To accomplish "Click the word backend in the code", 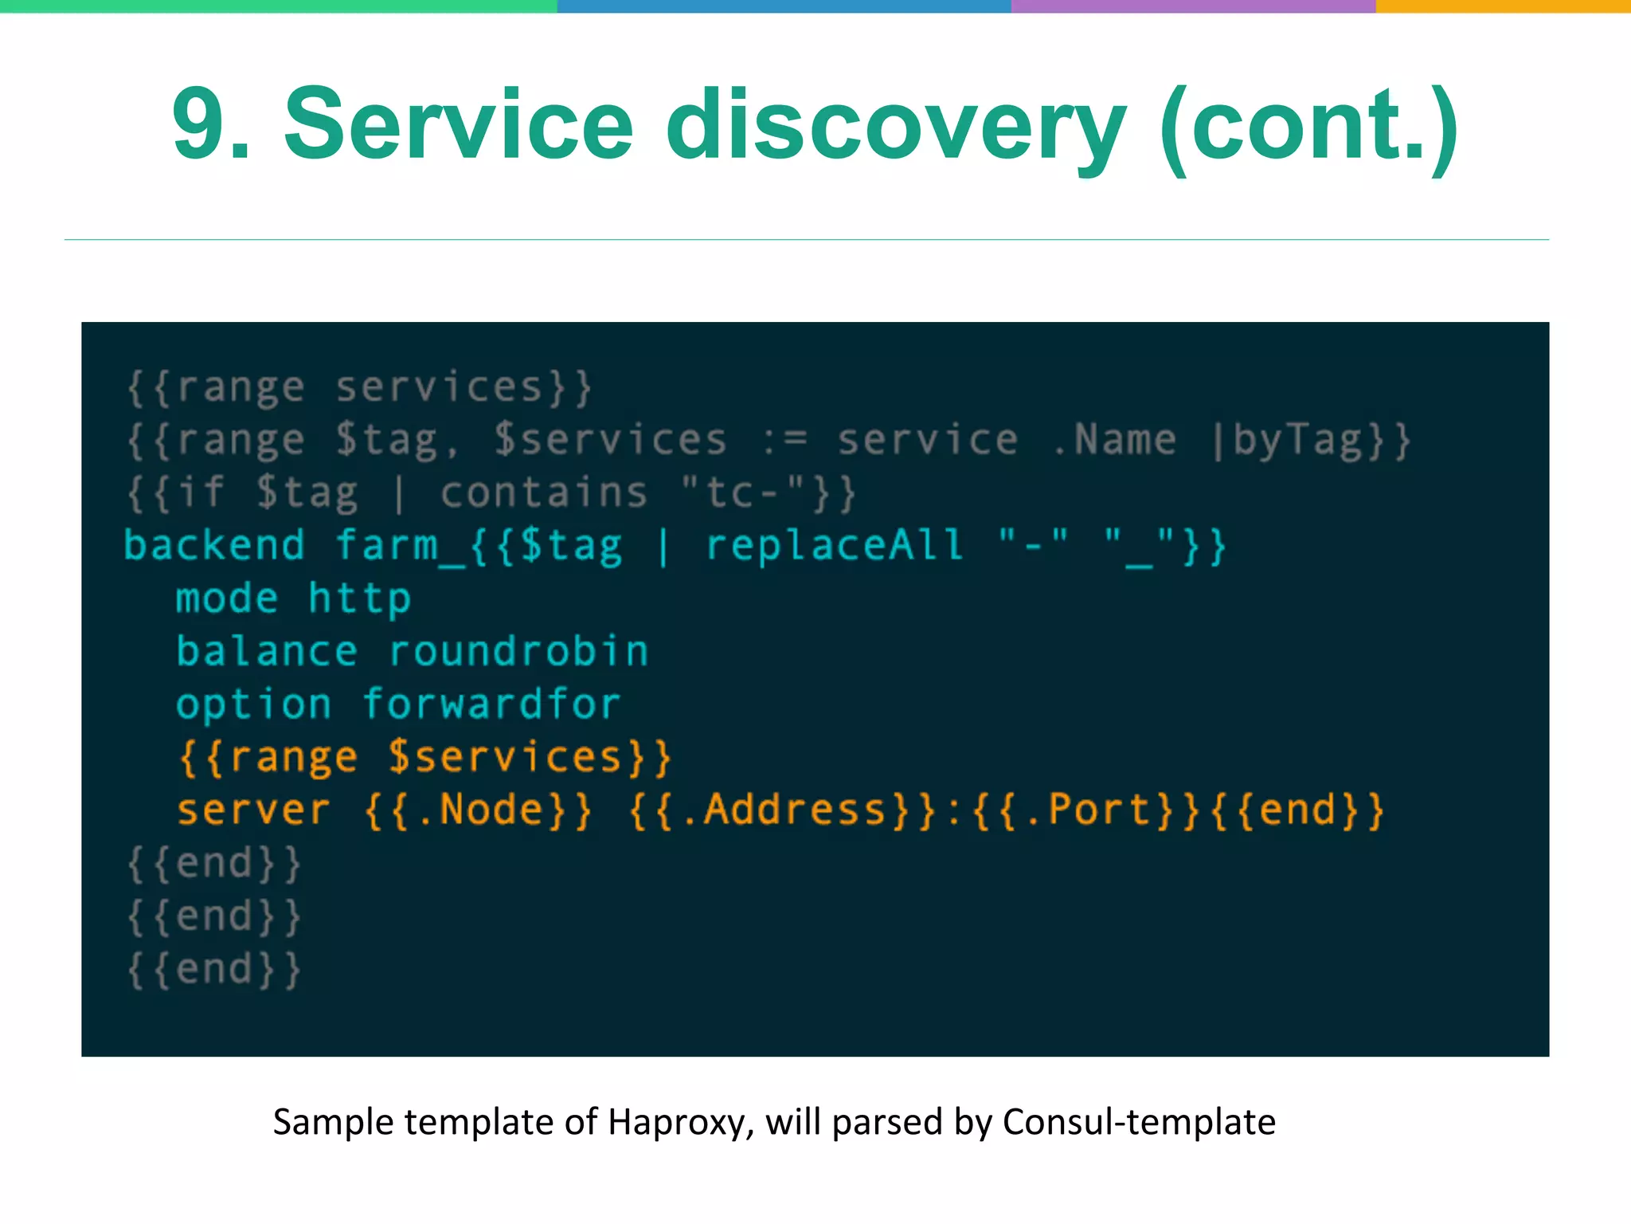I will pyautogui.click(x=214, y=546).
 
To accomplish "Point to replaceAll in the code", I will pyautogui.click(x=835, y=546).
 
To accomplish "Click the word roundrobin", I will pyautogui.click(x=518, y=652).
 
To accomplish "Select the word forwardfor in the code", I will pyautogui.click(x=491, y=704).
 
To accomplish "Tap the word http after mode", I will pyautogui.click(x=359, y=599).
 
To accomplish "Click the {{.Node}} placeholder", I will pyautogui.click(x=478, y=810).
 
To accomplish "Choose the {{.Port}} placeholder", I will pyautogui.click(x=1086, y=810).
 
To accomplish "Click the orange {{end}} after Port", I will pyautogui.click(x=1297, y=810).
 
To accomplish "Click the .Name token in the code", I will pyautogui.click(x=1114, y=440).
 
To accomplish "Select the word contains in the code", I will pyautogui.click(x=544, y=493).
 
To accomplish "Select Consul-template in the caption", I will pyautogui.click(x=1139, y=1122).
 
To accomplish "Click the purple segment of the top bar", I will pyautogui.click(x=1193, y=6).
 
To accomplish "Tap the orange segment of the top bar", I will pyautogui.click(x=1503, y=6).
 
